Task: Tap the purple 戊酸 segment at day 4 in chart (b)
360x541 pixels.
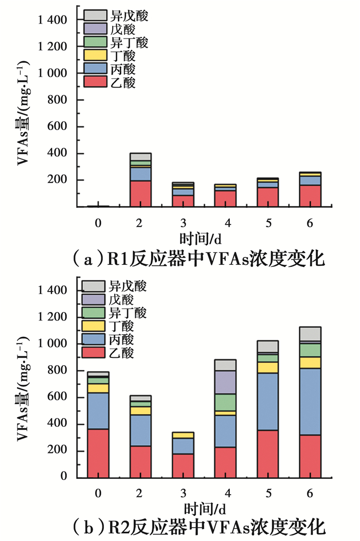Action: click(x=225, y=382)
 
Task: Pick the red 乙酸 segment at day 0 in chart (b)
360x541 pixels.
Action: click(x=98, y=453)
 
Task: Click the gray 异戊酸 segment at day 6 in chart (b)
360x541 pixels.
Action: click(x=310, y=333)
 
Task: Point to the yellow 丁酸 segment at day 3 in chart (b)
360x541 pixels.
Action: click(x=183, y=435)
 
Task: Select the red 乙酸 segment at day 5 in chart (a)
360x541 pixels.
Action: click(x=267, y=196)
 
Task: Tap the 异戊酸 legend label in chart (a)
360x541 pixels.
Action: click(x=128, y=16)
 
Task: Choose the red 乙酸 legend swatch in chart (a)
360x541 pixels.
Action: click(x=93, y=83)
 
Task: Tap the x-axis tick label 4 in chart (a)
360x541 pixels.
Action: click(x=225, y=222)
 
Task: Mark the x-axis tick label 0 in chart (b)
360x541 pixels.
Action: click(x=98, y=493)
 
